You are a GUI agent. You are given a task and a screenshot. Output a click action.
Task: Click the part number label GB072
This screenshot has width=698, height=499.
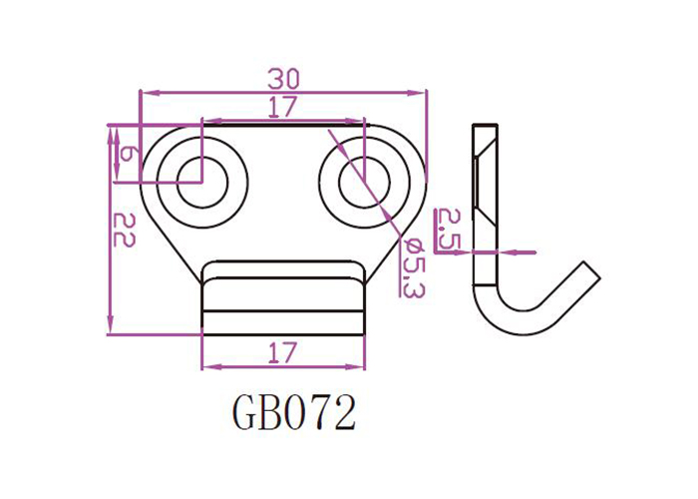[294, 412]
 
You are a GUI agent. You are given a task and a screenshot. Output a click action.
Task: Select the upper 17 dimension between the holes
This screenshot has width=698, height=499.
[284, 108]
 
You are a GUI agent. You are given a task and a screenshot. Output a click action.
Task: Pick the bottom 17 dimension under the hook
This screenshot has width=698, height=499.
[283, 352]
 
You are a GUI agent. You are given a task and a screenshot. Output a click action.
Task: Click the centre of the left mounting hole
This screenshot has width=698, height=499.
[201, 182]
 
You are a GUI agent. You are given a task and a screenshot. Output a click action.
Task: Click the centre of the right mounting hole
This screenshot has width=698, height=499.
[364, 182]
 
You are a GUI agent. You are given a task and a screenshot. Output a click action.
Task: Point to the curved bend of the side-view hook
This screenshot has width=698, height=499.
[504, 319]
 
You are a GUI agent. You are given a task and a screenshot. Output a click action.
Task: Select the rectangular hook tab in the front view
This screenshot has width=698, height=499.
[283, 296]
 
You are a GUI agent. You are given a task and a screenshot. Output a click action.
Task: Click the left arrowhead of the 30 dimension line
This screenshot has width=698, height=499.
[145, 93]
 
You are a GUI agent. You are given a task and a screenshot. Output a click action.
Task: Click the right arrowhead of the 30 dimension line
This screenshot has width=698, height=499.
[422, 93]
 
